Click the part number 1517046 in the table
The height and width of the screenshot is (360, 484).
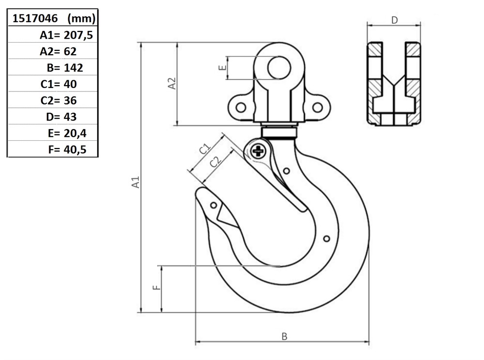tap(35, 18)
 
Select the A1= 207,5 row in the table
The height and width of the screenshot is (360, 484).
tap(66, 35)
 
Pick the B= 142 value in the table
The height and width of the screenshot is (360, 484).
tap(65, 68)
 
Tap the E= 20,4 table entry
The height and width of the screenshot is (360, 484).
tap(67, 133)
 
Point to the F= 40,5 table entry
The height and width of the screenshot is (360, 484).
tap(67, 150)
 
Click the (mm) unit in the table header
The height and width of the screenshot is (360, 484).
tap(81, 18)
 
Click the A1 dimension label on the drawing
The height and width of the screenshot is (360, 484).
tap(136, 182)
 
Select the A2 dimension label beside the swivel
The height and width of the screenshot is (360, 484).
tap(172, 83)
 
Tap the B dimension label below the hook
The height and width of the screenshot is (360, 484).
tap(284, 336)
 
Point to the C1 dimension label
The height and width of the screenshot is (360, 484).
tap(204, 149)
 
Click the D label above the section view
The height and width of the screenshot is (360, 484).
tap(394, 20)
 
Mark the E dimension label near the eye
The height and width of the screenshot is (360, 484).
tap(222, 68)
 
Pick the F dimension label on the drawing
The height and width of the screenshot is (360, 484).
tap(157, 287)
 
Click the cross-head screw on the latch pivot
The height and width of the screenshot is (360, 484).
tap(258, 151)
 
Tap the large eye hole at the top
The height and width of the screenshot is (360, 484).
tap(279, 68)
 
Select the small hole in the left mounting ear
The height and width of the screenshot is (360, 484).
tap(241, 107)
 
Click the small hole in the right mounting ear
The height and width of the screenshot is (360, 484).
tap(318, 107)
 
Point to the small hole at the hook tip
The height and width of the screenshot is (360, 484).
tap(213, 205)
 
